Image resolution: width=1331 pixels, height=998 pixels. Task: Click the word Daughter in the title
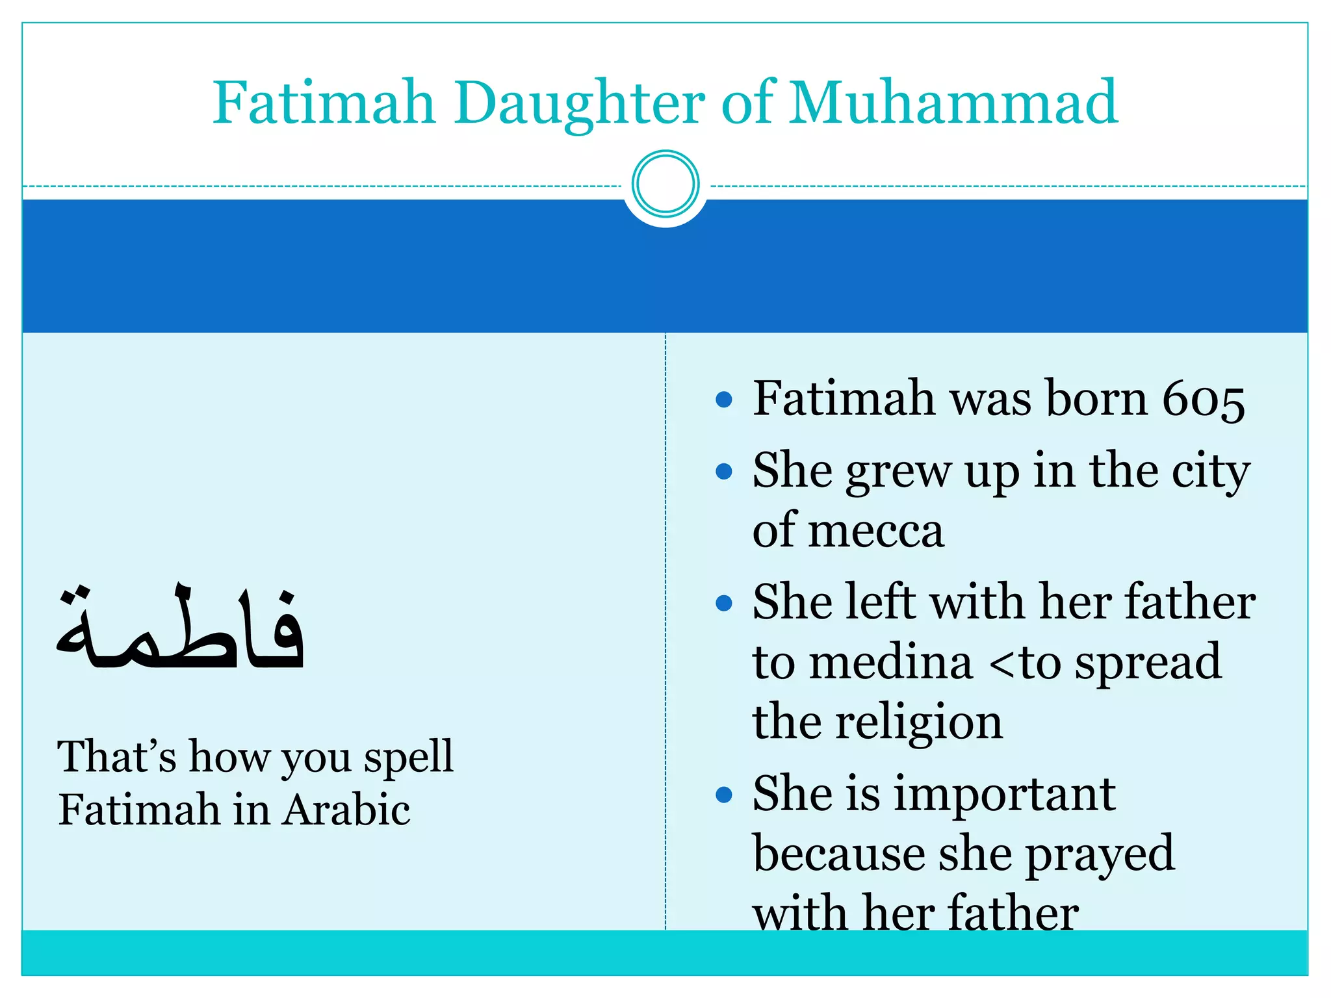579,104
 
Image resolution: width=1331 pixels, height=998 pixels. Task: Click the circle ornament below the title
665,184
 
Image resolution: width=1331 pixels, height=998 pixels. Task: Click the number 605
1204,400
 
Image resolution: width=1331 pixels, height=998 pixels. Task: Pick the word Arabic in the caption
347,811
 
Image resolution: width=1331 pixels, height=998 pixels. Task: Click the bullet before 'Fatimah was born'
723,400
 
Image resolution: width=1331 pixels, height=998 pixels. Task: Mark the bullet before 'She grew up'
723,471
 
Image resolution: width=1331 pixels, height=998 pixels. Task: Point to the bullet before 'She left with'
723,604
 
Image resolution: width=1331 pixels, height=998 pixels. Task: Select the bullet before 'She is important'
723,795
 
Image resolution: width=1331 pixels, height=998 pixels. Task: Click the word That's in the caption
117,757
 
